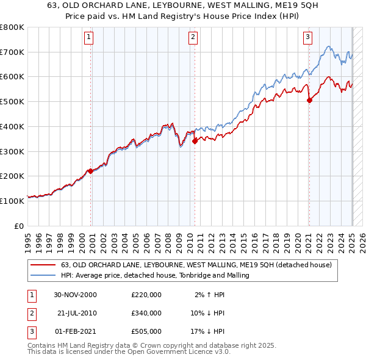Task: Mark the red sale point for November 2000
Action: coord(90,171)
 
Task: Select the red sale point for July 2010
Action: coord(195,141)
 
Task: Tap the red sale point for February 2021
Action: coord(309,100)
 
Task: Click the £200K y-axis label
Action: coord(12,176)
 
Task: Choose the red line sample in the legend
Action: coord(43,265)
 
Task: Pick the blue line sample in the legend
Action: coord(43,276)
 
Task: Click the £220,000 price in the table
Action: coord(146,294)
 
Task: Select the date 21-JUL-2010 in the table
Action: coord(76,313)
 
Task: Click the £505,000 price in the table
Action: coord(146,332)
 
